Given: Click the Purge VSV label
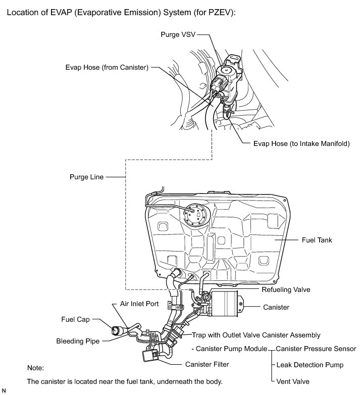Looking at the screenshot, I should click(177, 35).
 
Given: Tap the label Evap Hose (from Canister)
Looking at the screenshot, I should click(107, 67).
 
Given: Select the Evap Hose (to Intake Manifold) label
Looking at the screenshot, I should click(301, 143).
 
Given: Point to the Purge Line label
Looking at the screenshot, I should click(86, 177).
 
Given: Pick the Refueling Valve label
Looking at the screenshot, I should click(286, 290).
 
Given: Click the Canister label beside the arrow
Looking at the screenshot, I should click(276, 307).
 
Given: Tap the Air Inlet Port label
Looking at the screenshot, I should click(139, 304).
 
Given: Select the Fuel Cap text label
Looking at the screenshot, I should click(75, 320).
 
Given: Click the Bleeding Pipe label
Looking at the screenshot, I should click(78, 341).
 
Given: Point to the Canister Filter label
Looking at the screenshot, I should click(208, 364).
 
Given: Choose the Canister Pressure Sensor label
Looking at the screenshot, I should click(316, 349).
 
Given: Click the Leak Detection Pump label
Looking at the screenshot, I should click(310, 365).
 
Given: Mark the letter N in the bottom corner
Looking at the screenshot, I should click(4, 391).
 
